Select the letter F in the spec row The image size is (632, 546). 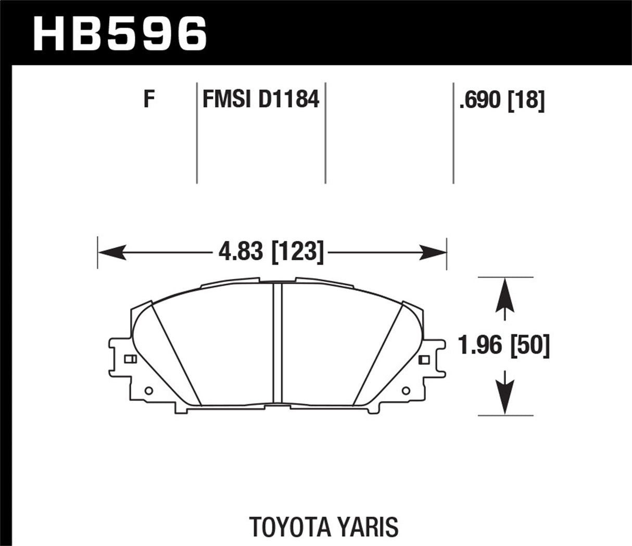click(x=150, y=98)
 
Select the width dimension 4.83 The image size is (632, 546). click(x=241, y=252)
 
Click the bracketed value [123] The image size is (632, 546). click(x=297, y=252)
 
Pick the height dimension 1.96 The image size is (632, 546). click(x=478, y=346)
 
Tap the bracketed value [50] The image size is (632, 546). click(x=530, y=346)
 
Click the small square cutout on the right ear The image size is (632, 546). click(x=423, y=359)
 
